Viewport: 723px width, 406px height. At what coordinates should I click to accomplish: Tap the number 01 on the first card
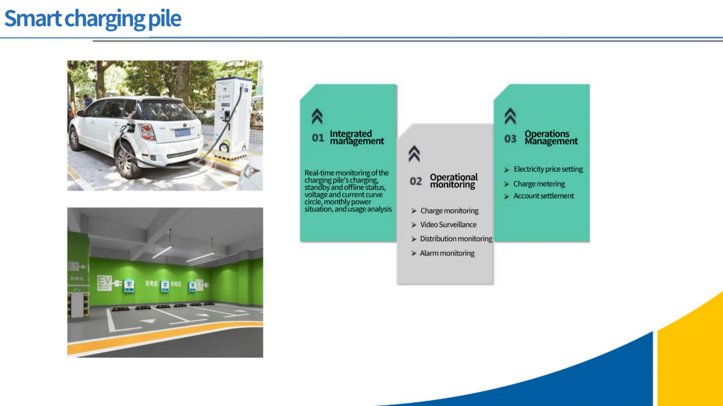(x=318, y=138)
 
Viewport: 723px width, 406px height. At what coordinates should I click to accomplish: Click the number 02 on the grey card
(x=416, y=181)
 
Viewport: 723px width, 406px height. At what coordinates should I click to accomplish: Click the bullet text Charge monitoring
(x=449, y=211)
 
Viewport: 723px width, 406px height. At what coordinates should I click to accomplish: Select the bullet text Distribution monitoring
(x=456, y=239)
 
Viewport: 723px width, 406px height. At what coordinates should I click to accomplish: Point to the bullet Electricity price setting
(x=548, y=169)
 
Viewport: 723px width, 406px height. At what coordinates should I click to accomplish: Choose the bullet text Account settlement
(x=544, y=196)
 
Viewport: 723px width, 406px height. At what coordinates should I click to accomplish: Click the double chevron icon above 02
(x=414, y=154)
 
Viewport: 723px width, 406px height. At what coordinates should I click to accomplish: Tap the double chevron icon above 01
(x=317, y=116)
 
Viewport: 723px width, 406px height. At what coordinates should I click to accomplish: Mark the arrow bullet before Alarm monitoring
(x=414, y=254)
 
